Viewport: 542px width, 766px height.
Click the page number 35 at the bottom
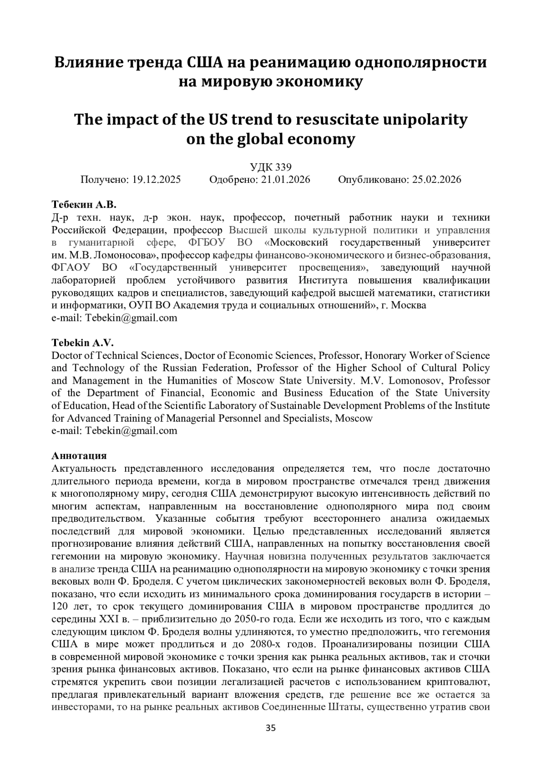(271, 728)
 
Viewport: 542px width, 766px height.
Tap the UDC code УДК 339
(271, 167)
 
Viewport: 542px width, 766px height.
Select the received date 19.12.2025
(156, 180)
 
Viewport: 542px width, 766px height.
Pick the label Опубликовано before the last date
(373, 180)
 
